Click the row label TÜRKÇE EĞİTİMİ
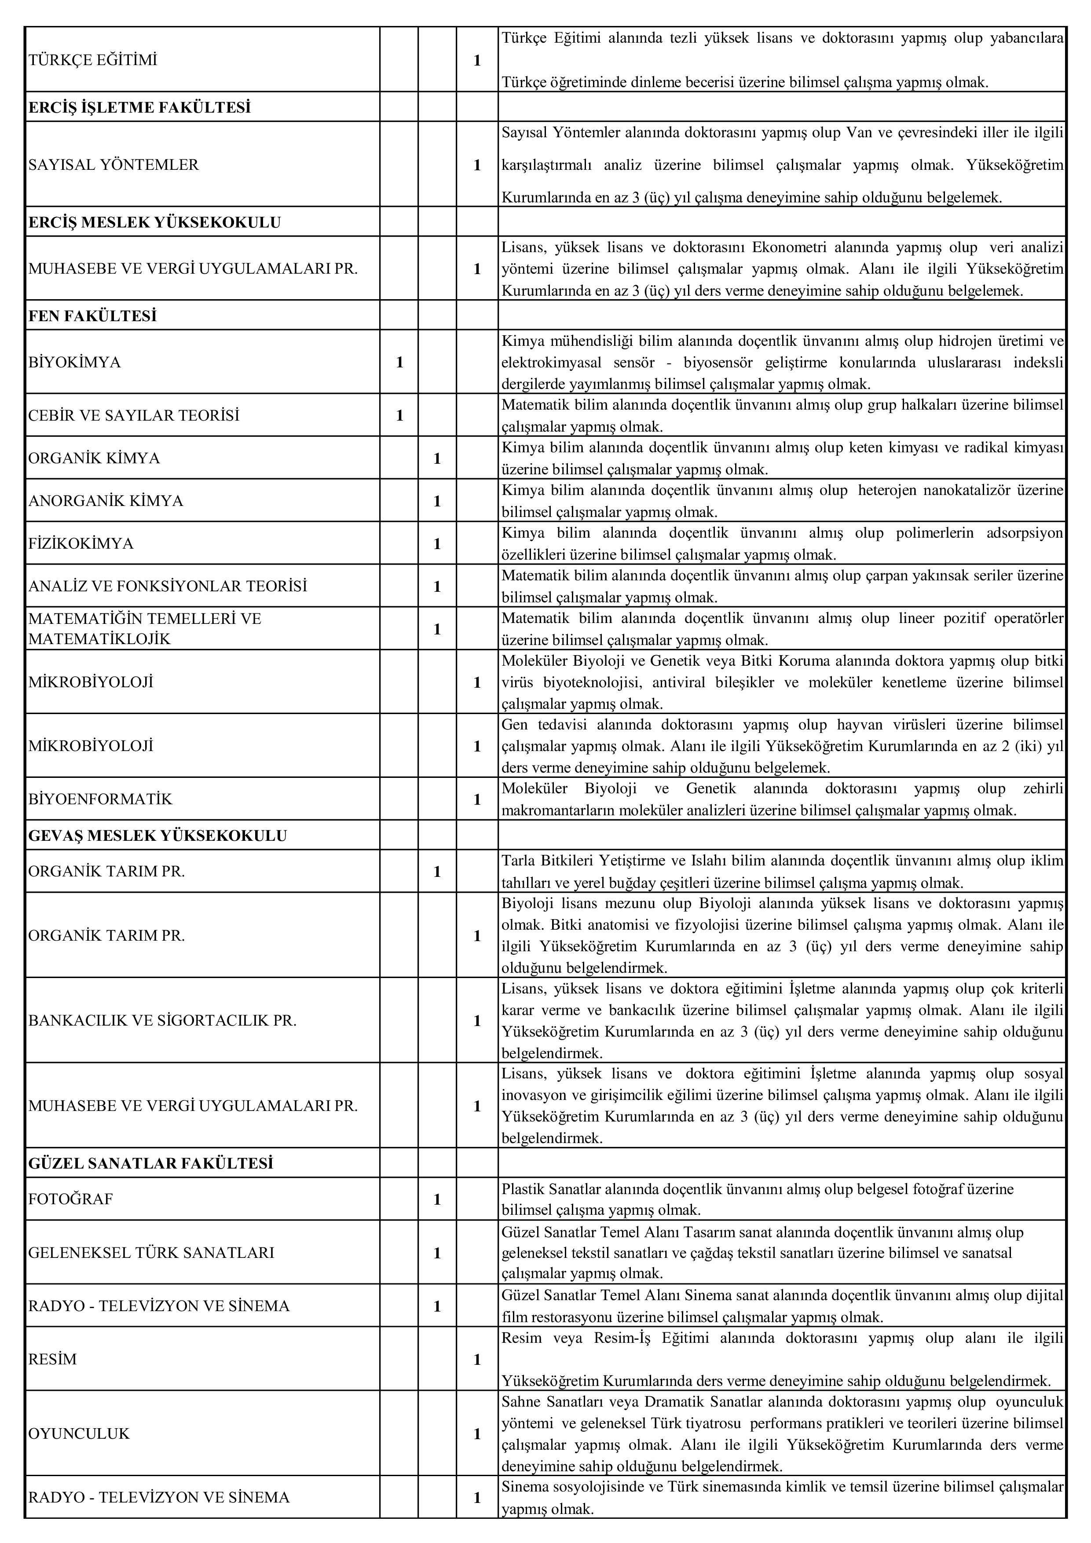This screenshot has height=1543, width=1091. pos(93,60)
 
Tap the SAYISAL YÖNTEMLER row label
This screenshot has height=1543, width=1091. pos(113,165)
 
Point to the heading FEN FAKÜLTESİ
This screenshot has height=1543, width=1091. pos(93,316)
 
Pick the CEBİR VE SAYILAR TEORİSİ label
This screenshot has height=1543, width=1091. pos(134,415)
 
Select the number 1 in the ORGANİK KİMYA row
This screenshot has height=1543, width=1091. pos(437,458)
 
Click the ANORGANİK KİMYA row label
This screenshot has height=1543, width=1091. pos(106,501)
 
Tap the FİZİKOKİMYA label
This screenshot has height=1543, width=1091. pos(81,543)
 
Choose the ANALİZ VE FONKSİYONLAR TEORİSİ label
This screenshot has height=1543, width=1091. pos(167,586)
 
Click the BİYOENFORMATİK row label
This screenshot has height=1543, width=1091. pos(100,799)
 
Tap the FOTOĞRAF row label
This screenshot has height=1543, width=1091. pos(70,1199)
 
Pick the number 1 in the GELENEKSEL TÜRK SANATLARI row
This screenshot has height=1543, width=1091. pos(437,1253)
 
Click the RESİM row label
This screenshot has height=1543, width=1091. pos(52,1359)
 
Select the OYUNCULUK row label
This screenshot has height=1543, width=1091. pos(79,1433)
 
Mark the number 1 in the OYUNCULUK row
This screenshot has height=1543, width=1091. pos(477,1433)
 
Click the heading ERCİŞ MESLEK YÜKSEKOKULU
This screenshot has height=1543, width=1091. pos(154,223)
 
